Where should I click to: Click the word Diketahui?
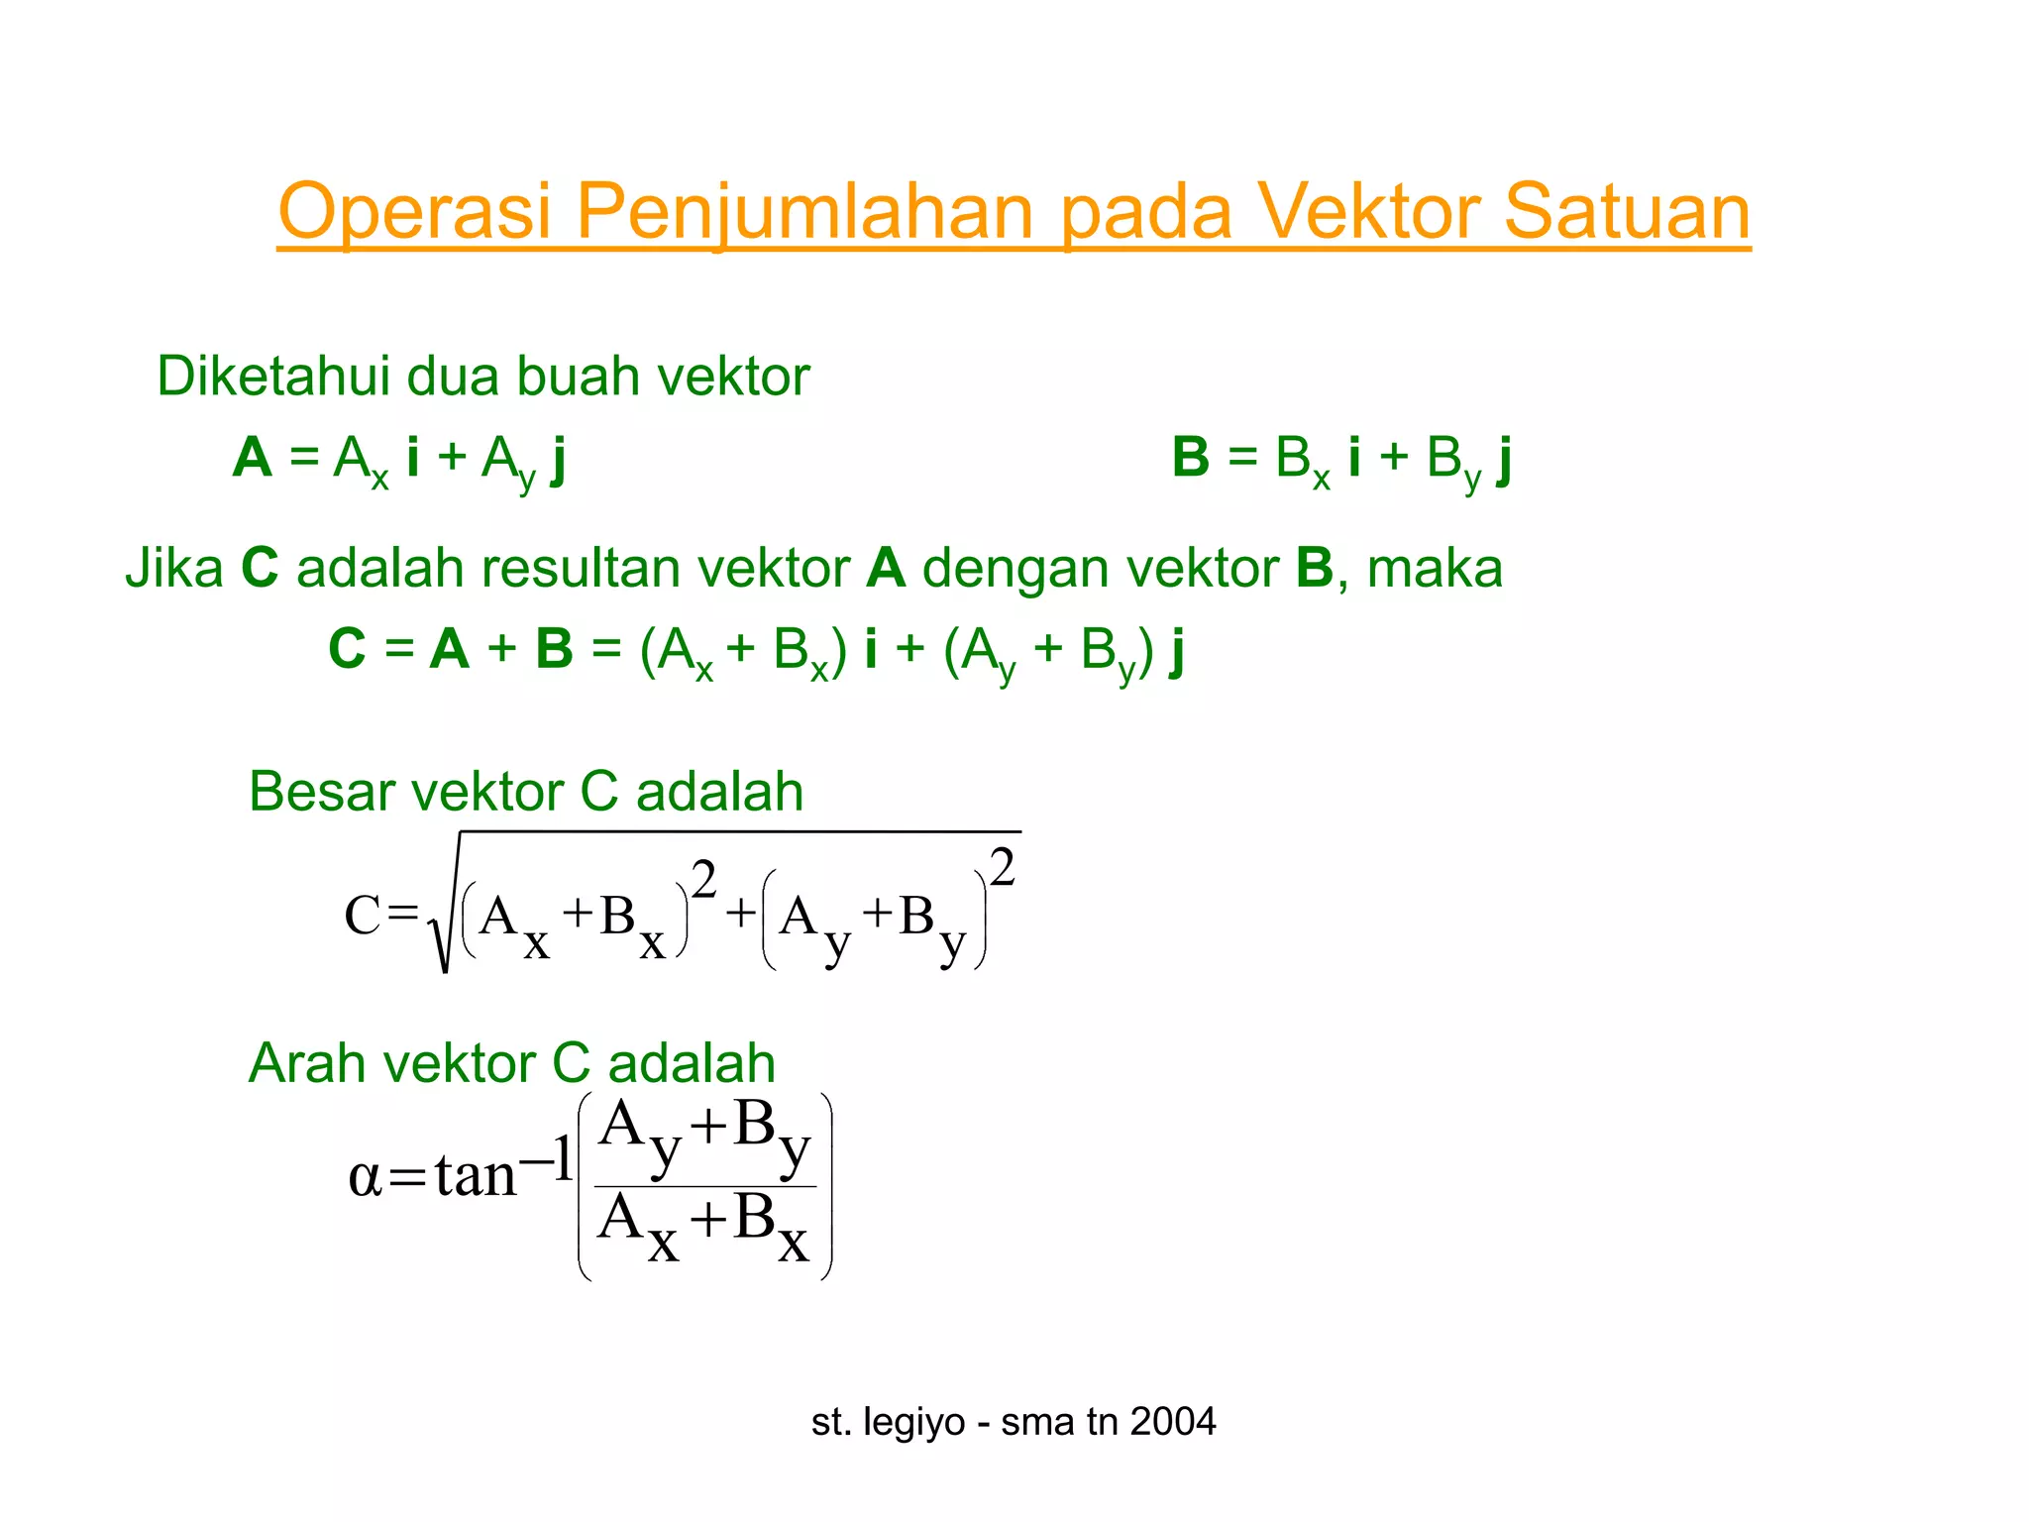[273, 377]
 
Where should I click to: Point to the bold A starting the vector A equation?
[253, 458]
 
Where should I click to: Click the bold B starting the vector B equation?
[1191, 458]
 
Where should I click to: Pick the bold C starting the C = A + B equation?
[347, 650]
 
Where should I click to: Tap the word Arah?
[306, 1063]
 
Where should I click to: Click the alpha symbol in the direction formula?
[365, 1176]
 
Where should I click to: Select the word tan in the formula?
[476, 1176]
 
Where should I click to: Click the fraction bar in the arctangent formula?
[704, 1186]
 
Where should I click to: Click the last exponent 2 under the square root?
[1003, 868]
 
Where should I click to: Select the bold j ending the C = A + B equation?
[1176, 652]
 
